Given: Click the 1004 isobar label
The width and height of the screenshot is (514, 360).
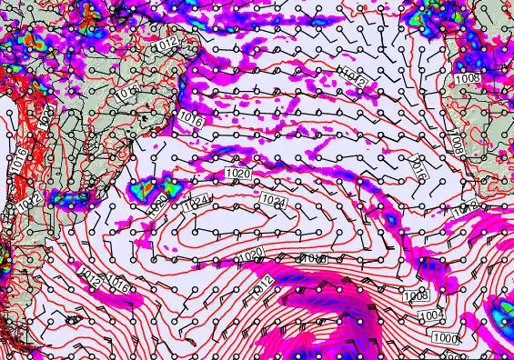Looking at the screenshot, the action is pos(432,315).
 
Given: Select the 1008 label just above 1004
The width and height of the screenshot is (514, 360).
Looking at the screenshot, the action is pos(416,296).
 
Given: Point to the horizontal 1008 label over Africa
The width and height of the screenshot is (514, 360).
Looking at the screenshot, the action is pos(468,79).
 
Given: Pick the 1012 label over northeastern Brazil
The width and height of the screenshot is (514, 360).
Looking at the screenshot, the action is pos(166,43).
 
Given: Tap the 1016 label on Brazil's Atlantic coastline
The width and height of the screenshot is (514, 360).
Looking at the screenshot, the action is pos(189,116).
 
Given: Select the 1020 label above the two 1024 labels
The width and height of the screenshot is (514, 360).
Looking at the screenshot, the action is pos(237,173).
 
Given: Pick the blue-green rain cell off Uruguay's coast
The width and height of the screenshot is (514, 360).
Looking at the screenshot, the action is pos(143,190).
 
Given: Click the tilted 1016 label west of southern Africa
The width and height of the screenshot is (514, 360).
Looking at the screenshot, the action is pos(419,166).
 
